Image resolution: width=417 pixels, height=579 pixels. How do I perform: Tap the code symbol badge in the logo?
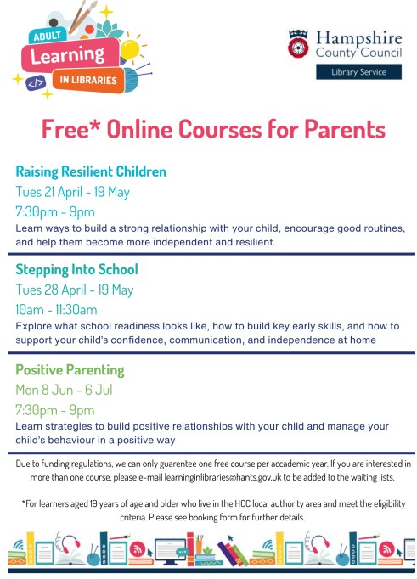[x=36, y=82]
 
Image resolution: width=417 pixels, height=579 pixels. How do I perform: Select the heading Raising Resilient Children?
[x=91, y=171]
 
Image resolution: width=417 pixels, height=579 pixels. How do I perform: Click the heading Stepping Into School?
[x=76, y=270]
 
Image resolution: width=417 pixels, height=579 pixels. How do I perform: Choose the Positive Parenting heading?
[x=70, y=370]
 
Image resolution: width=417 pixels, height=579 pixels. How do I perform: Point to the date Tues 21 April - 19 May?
[x=73, y=192]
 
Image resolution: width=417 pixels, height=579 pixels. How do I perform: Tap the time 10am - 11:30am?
[x=57, y=309]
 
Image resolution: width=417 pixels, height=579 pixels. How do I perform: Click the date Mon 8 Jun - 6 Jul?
[x=64, y=390]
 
